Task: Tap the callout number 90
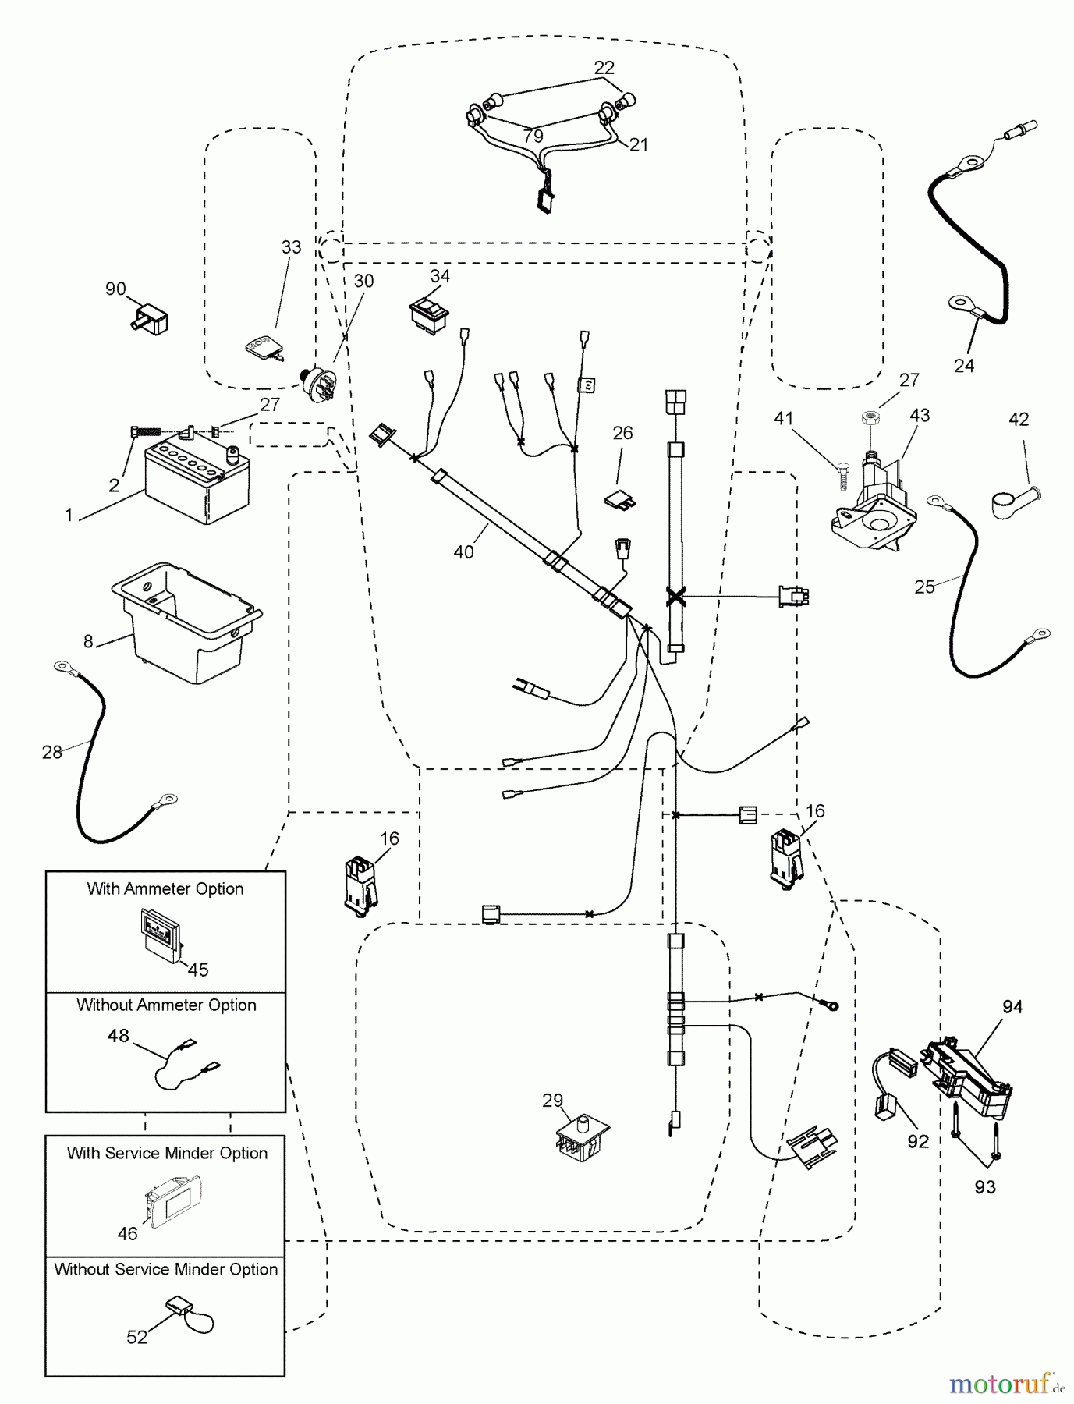click(115, 289)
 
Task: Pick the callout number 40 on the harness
click(463, 551)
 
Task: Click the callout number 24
click(964, 365)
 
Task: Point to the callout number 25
click(924, 587)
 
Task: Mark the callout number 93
click(984, 1187)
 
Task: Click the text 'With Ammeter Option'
click(165, 888)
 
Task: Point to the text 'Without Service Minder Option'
click(165, 1269)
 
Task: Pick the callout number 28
click(52, 752)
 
